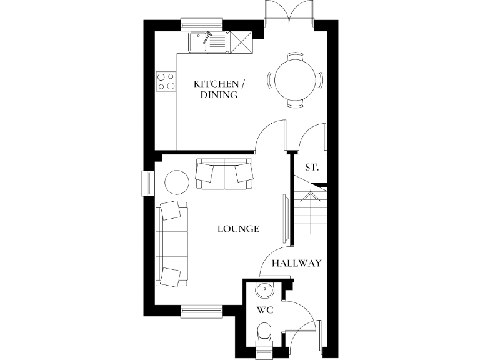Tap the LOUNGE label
click(238, 229)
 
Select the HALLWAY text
click(296, 263)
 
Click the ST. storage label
click(312, 167)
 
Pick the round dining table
click(296, 79)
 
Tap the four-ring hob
click(166, 82)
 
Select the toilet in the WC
click(264, 331)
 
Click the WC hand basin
click(265, 289)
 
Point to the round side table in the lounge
click(176, 182)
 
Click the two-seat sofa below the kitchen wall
click(224, 173)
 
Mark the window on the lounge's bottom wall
click(201, 309)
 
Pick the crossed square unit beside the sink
click(240, 42)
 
